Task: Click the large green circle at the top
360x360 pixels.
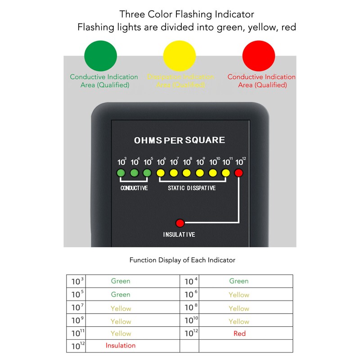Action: (x=101, y=56)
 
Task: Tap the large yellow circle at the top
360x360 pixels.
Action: (x=180, y=56)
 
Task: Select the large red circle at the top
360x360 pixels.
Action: (x=259, y=56)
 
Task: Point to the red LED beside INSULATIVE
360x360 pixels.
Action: (x=180, y=223)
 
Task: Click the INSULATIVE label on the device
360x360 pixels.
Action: (x=179, y=234)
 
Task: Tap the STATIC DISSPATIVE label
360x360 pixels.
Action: (x=192, y=188)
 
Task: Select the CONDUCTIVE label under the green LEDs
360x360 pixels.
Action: (x=134, y=188)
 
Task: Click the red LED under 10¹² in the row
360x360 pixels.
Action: (x=239, y=173)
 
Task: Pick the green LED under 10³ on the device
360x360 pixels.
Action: (x=121, y=173)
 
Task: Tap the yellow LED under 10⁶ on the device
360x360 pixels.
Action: (x=160, y=173)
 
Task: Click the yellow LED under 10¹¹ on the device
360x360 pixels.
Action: (x=226, y=173)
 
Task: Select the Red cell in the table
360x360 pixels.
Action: (x=239, y=333)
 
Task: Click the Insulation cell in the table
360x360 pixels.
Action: (x=121, y=346)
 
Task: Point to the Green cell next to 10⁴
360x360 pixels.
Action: (x=238, y=281)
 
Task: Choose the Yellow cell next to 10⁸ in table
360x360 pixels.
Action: (x=238, y=308)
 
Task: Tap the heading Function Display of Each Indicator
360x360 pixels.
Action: (x=182, y=260)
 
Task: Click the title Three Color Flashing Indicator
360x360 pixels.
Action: (x=187, y=15)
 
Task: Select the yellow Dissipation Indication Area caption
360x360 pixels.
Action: (x=180, y=81)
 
